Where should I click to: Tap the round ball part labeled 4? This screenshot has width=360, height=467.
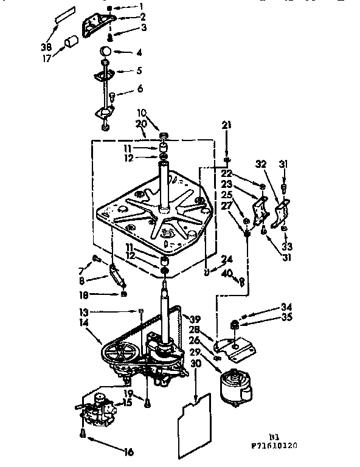[x=106, y=50]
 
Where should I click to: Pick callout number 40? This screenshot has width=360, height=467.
[x=227, y=274]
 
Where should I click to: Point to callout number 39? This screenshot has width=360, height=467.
[x=195, y=319]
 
